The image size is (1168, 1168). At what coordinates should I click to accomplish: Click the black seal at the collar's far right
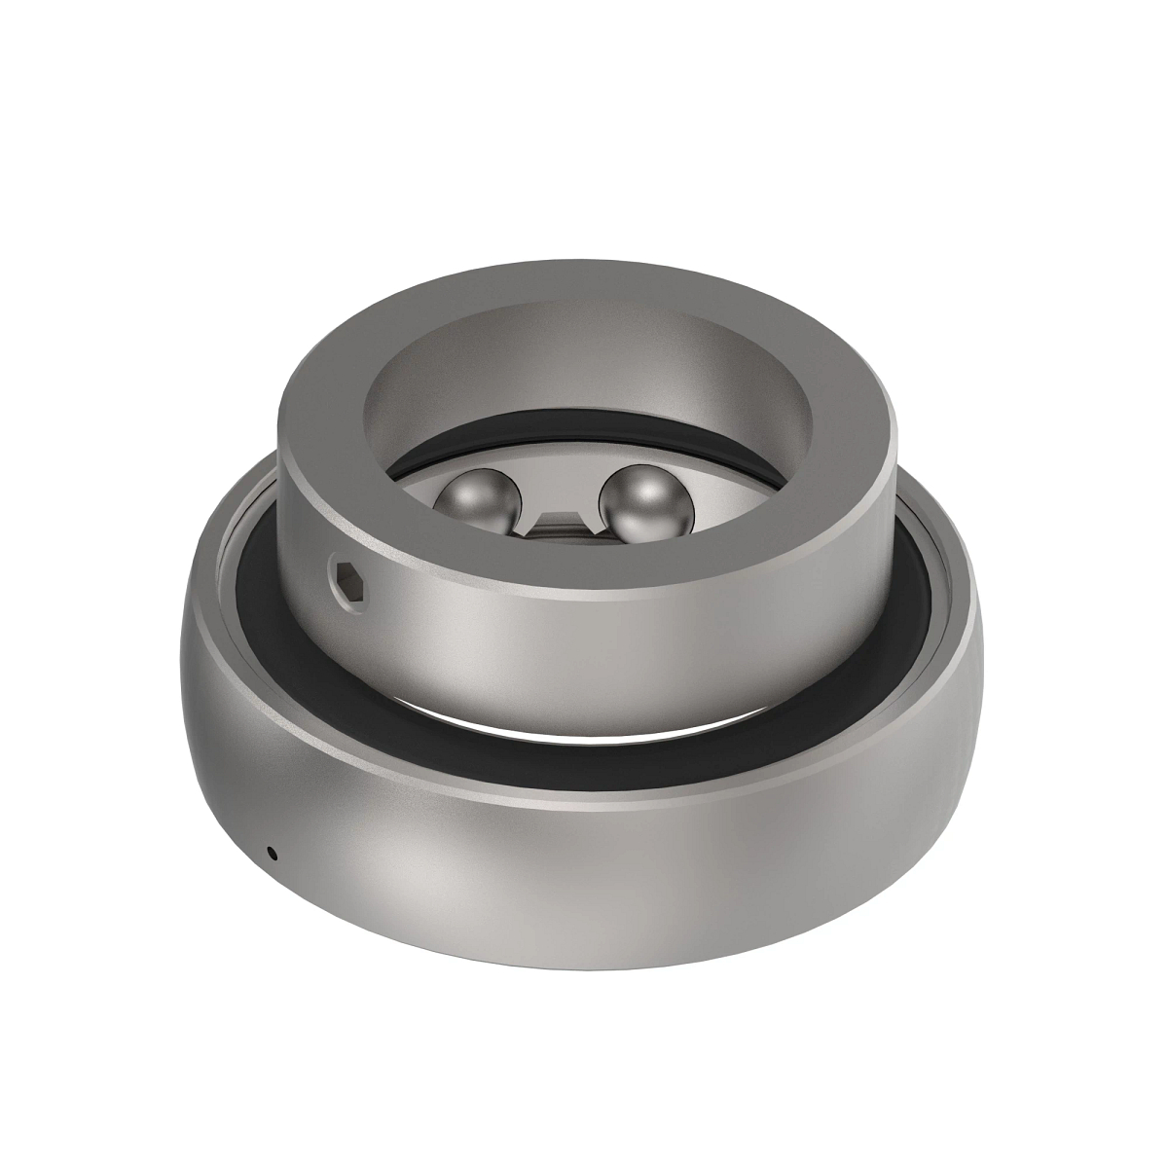[x=920, y=584]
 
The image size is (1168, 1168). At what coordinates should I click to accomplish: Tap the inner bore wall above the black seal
[x=584, y=389]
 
